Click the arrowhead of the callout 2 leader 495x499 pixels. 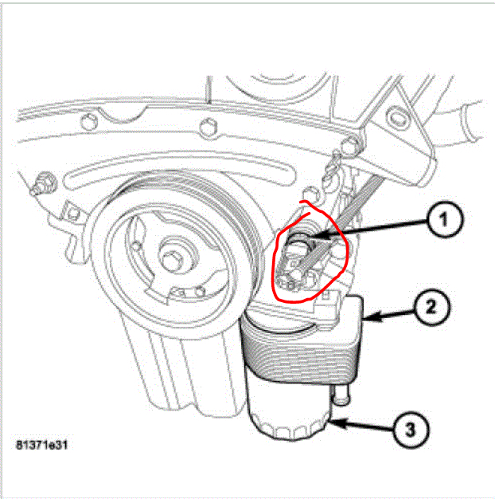click(367, 320)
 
